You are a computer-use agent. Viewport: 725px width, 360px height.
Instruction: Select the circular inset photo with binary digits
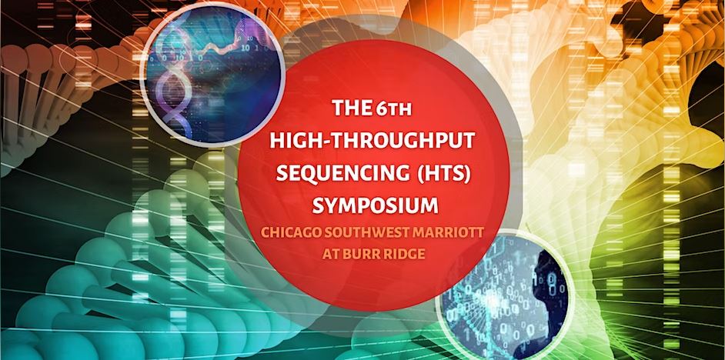pyautogui.click(x=508, y=296)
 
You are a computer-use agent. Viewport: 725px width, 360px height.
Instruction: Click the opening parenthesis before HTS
pyautogui.click(x=423, y=174)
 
